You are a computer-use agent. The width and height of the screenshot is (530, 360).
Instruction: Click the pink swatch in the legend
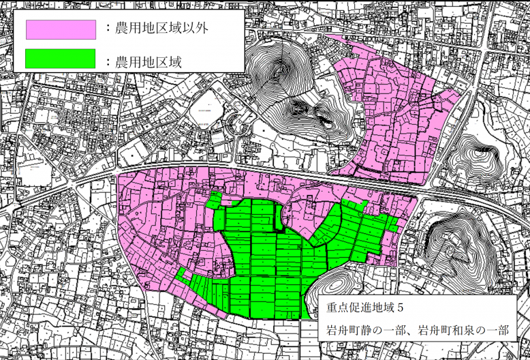point(61,29)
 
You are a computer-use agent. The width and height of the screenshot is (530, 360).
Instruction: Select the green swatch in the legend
point(61,59)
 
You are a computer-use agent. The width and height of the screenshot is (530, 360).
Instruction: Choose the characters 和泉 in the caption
point(461,331)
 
